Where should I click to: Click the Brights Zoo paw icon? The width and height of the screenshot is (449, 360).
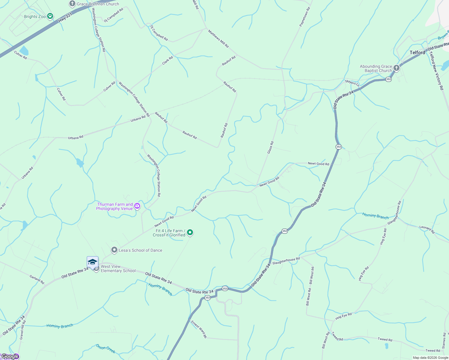[x=50, y=16]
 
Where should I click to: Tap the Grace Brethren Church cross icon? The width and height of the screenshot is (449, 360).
[x=72, y=4]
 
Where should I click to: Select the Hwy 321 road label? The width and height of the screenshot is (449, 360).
[x=65, y=17]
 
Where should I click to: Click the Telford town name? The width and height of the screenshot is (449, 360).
[x=417, y=52]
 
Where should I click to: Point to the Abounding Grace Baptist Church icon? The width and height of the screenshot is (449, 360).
[x=396, y=68]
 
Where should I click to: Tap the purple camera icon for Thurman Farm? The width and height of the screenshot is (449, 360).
[x=137, y=206]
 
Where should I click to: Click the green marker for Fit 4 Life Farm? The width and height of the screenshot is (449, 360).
[x=190, y=232]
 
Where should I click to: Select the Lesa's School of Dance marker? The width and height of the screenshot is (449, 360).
[x=114, y=250]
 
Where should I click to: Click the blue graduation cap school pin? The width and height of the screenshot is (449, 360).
[x=92, y=262]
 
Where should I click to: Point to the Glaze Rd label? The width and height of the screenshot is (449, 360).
[x=270, y=148]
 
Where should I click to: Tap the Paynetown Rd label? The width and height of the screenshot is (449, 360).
[x=305, y=17]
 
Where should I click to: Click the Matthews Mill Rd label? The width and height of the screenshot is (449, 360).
[x=218, y=39]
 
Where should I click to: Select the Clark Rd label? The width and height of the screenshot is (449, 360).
[x=167, y=60]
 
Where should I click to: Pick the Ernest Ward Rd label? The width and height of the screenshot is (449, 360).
[x=199, y=329]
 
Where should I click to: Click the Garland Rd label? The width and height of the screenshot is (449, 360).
[x=37, y=280]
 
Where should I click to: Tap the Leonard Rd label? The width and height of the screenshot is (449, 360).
[x=427, y=229]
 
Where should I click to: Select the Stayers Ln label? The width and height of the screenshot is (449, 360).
[x=352, y=83]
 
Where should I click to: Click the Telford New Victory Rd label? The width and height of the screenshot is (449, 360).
[x=436, y=70]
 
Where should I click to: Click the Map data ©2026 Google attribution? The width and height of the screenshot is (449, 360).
[x=430, y=358]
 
